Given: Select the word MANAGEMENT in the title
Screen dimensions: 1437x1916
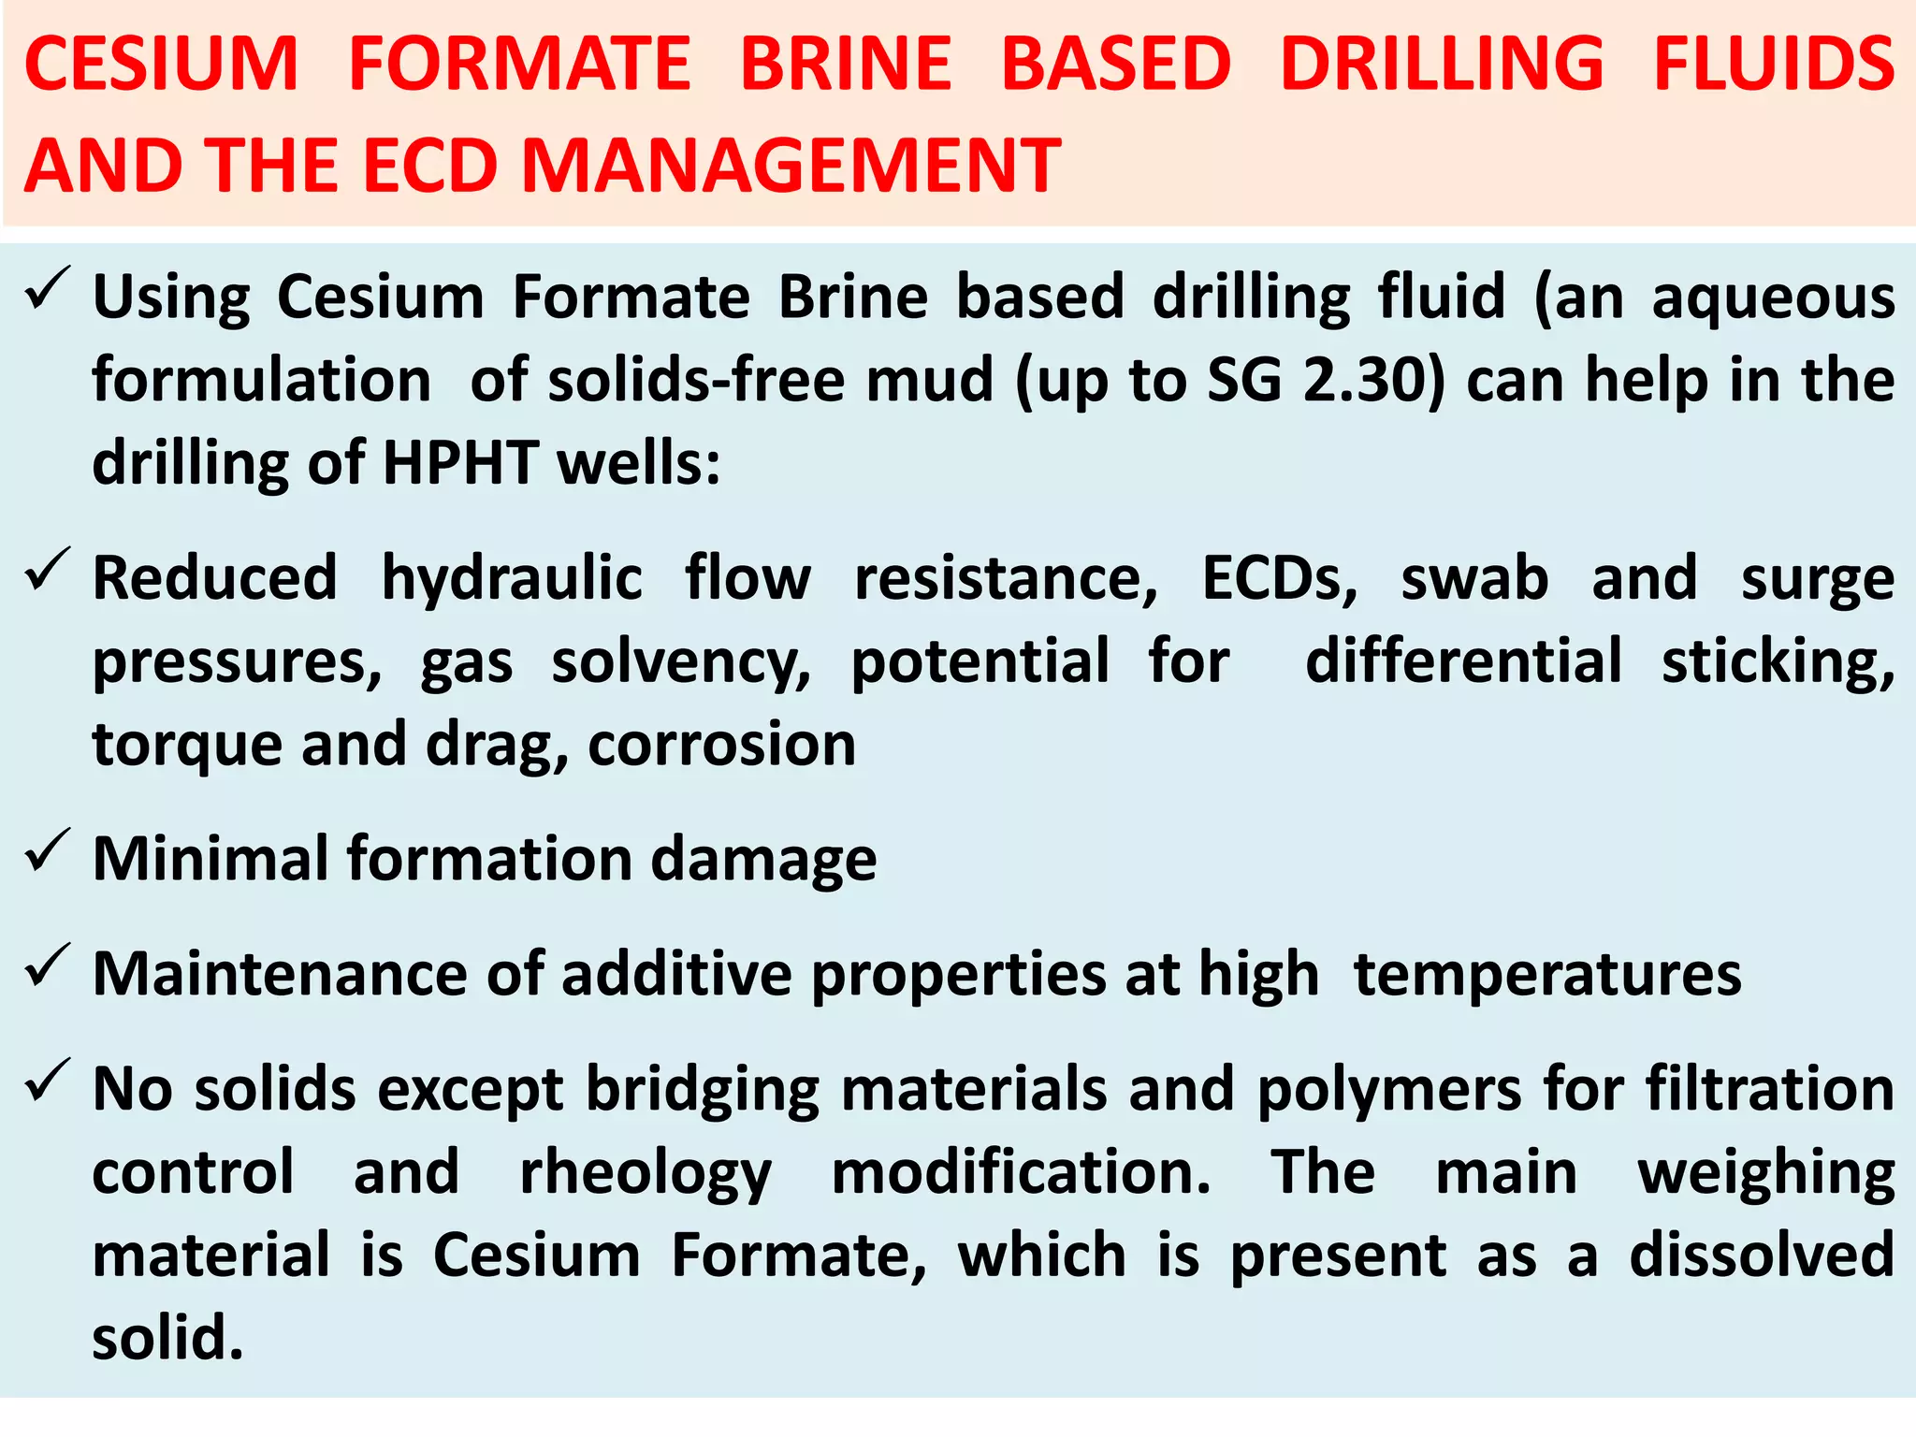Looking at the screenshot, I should pos(791,166).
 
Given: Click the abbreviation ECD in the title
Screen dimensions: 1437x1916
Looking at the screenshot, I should pos(428,166).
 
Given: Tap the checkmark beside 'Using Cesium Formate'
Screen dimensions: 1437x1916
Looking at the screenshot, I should pos(48,289).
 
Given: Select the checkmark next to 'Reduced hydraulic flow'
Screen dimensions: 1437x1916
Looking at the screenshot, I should pos(48,570).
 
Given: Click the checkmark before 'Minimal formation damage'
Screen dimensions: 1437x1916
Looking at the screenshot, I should pos(48,850).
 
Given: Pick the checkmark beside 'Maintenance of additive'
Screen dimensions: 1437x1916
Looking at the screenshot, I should pos(48,965).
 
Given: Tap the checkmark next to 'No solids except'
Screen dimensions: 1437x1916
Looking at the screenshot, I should pos(48,1081).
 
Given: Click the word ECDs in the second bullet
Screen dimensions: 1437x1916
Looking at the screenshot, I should pos(1279,578).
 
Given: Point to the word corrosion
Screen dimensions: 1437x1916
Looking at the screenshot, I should pos(721,745).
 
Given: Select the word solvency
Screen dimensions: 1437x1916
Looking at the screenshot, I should pos(681,662).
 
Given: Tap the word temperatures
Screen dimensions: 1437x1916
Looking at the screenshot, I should pos(1547,975).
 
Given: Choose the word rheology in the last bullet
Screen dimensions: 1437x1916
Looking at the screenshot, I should pos(646,1174).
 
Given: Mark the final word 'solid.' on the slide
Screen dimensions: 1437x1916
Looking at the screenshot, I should pos(168,1338).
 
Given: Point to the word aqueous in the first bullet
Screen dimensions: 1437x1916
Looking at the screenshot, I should pos(1773,299).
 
